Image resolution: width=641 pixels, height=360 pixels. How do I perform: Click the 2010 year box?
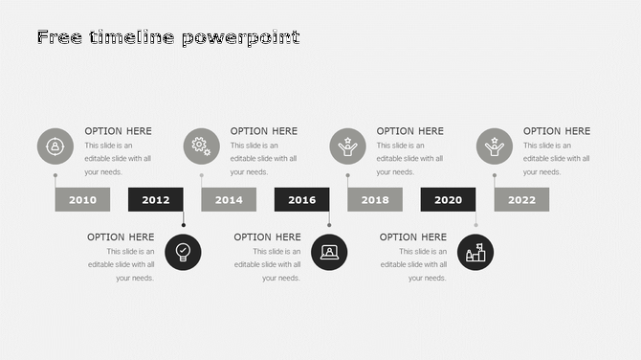pos(82,199)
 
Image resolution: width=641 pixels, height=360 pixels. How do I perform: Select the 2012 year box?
pos(156,199)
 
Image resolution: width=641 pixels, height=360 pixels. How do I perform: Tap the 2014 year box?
pos(229,199)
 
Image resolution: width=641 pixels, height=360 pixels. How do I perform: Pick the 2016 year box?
pos(302,199)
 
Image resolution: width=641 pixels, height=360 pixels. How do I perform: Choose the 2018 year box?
pos(375,199)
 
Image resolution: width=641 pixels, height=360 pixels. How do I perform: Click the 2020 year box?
pos(448,199)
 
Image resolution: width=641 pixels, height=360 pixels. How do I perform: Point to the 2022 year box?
pos(521,199)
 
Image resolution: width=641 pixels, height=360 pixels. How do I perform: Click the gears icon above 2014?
pos(201,146)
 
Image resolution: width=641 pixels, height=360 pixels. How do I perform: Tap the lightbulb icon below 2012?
pos(184,252)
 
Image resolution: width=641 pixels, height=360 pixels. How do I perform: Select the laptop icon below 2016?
pos(329,252)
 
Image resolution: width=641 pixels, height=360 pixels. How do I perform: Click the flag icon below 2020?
pos(475,252)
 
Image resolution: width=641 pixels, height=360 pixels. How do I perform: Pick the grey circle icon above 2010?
pos(55,146)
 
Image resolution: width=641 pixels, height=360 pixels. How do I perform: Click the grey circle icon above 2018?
pos(347,146)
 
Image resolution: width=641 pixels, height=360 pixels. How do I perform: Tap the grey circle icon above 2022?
pos(495,146)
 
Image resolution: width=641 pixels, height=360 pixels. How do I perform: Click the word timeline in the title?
pos(134,37)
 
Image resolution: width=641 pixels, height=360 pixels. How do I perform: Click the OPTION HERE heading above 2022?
pos(557,131)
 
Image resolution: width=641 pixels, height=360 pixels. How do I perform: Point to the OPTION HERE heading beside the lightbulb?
pos(121,236)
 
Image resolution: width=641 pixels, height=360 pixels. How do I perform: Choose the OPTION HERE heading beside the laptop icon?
pos(267,236)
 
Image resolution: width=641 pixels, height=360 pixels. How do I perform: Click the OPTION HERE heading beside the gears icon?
pos(264,131)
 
